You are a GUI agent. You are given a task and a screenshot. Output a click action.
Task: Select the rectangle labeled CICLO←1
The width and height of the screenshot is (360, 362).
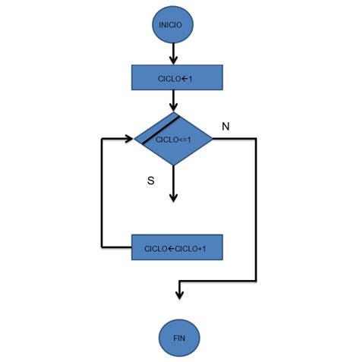coord(177,77)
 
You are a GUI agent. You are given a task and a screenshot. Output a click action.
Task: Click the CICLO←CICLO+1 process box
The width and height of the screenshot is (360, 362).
coord(177,247)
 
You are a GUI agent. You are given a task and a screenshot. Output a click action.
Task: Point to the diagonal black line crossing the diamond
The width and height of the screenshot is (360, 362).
coord(158,129)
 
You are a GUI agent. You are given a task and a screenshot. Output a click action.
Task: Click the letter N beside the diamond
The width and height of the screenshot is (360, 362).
coord(226,126)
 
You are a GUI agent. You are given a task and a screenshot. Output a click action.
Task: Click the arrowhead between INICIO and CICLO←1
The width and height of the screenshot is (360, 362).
coord(174,59)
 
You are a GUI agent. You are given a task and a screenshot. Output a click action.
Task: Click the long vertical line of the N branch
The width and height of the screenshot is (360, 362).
coord(256,212)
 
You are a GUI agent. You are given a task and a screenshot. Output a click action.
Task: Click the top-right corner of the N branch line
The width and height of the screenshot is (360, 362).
coord(256,139)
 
